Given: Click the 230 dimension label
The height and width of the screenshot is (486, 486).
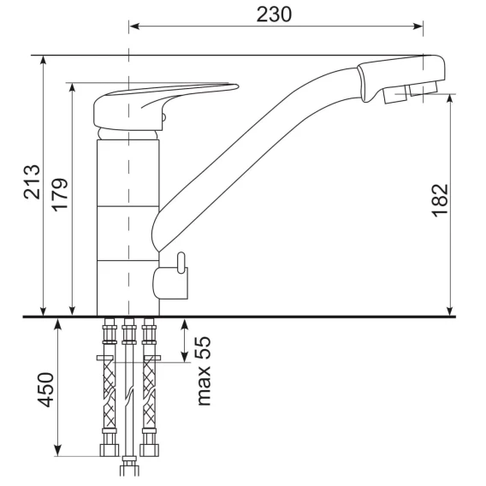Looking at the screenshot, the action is (x=274, y=15).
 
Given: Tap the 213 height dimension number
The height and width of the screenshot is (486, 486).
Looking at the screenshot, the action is (x=32, y=182).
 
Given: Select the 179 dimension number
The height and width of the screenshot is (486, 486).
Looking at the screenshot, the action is (x=60, y=195).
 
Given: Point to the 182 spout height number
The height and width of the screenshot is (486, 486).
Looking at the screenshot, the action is (x=440, y=200).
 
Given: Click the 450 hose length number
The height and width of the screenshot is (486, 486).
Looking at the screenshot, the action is (x=45, y=389).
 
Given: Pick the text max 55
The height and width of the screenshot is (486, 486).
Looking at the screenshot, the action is (x=204, y=371).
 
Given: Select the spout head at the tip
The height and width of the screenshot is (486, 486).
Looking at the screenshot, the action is (x=401, y=79).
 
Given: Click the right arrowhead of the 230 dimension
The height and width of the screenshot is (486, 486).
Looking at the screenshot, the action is (x=418, y=27).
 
